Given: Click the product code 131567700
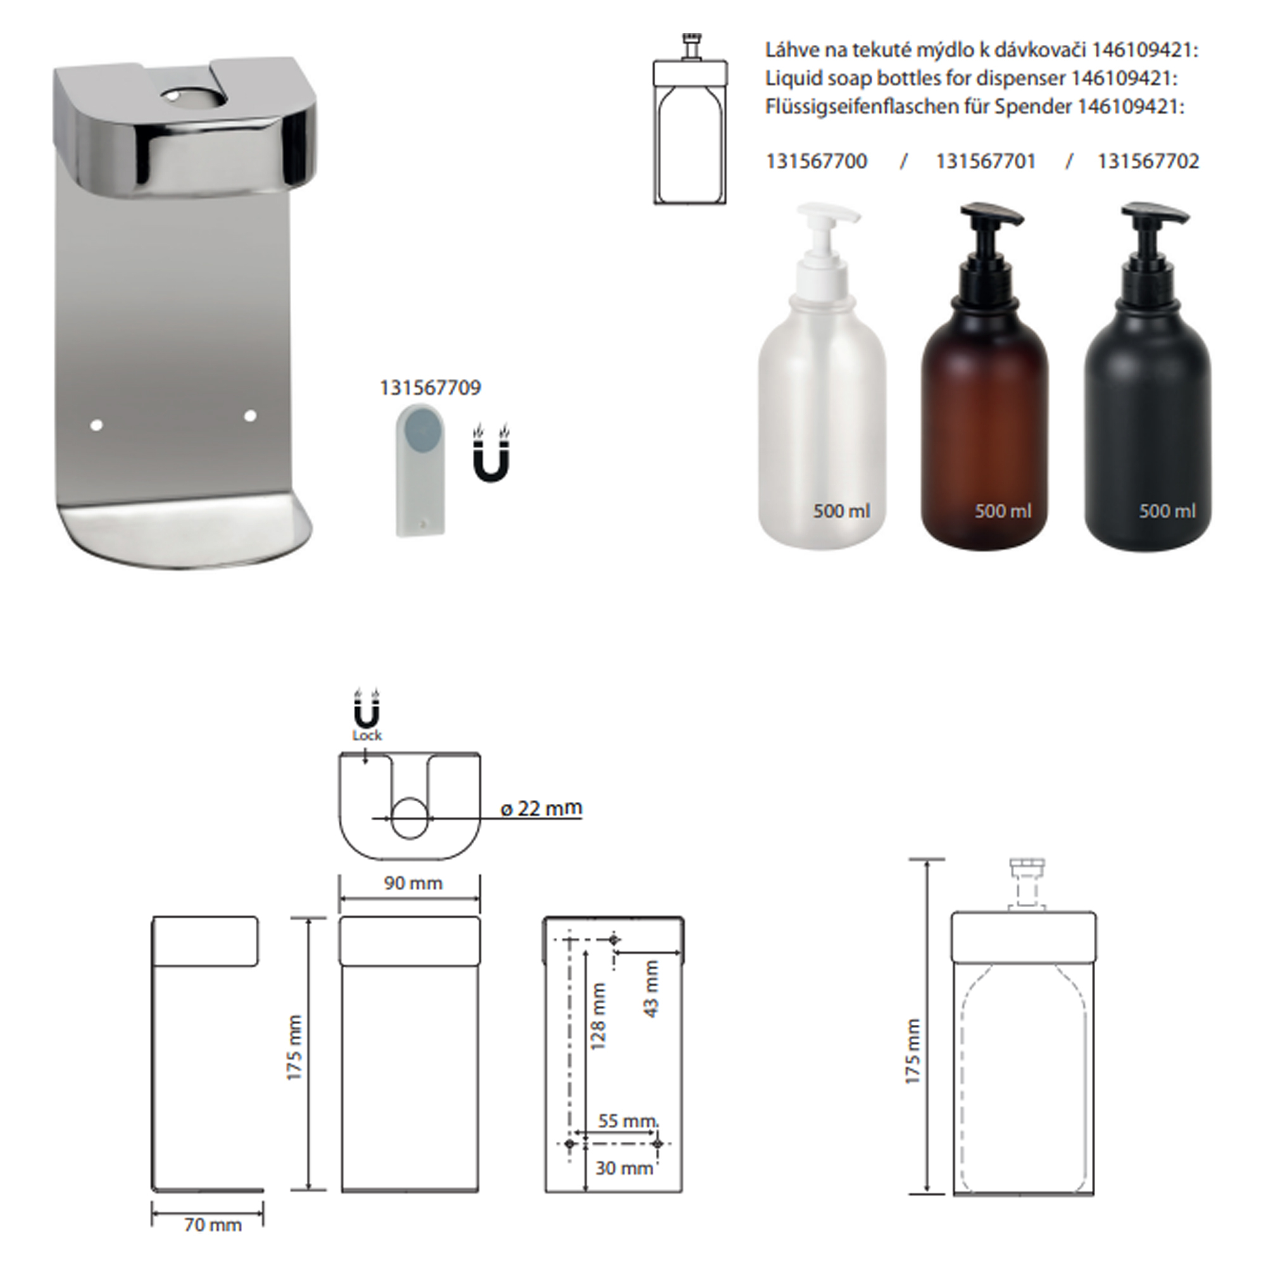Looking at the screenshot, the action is (817, 161).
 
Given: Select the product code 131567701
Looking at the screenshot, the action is (986, 161).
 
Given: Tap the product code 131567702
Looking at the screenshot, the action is (1149, 161).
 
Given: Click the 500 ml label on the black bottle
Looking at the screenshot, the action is (1167, 510).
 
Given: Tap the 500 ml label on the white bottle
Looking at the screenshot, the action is (842, 510).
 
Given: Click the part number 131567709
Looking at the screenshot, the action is (430, 387).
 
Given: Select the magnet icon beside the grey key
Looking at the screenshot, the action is (491, 453).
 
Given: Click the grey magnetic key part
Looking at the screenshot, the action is (420, 470).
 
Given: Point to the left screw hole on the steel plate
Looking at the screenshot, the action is (96, 425).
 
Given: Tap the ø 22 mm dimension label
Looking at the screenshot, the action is (541, 808).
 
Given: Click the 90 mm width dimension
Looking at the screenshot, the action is (413, 882).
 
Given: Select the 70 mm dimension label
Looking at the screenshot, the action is (213, 1224).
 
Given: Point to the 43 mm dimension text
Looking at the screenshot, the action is (651, 989).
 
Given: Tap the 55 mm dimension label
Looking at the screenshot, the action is (628, 1120).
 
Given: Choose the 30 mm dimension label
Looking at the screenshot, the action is (624, 1168).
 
